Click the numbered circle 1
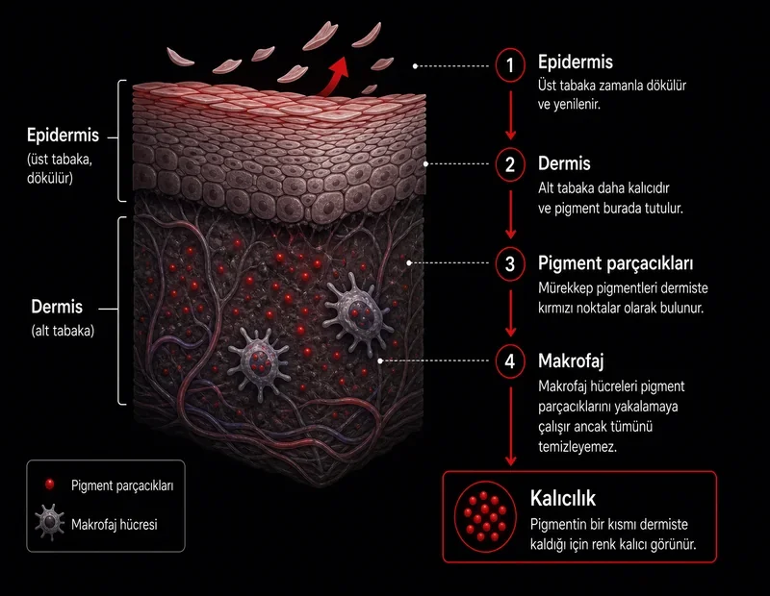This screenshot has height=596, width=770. (x=510, y=64)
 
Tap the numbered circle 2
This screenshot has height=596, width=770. (x=510, y=164)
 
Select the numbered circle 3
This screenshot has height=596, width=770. (x=510, y=264)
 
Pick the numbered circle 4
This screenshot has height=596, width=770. (x=510, y=361)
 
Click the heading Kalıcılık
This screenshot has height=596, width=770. (x=563, y=498)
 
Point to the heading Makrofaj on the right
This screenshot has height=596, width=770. (x=571, y=361)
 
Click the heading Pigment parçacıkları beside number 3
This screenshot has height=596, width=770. (x=615, y=263)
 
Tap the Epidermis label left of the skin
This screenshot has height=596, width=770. (x=63, y=136)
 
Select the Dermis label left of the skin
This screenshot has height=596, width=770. (x=57, y=307)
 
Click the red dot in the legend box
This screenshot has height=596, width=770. (x=49, y=484)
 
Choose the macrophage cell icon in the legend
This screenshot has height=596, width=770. (x=50, y=522)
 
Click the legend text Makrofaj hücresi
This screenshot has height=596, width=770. (x=114, y=524)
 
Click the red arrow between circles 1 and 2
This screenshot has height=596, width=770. (x=511, y=115)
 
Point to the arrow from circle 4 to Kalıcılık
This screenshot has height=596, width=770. (x=511, y=426)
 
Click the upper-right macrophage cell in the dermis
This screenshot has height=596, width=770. (x=357, y=312)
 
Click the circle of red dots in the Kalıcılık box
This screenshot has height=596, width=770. (x=485, y=516)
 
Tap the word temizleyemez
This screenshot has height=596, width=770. (x=577, y=447)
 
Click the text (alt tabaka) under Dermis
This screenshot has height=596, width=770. (x=63, y=331)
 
